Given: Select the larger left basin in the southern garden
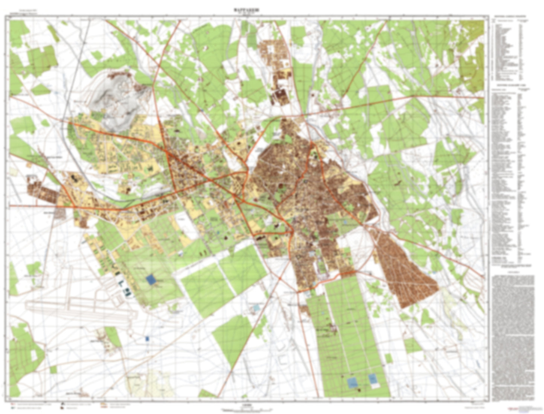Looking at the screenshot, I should click(353, 383).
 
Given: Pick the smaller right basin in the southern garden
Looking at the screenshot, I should click(373, 379).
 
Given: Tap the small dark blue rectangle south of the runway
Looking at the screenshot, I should click(147, 339).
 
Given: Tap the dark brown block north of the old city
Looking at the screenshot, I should click(280, 96).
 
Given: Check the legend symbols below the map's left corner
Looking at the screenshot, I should click(34, 406).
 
